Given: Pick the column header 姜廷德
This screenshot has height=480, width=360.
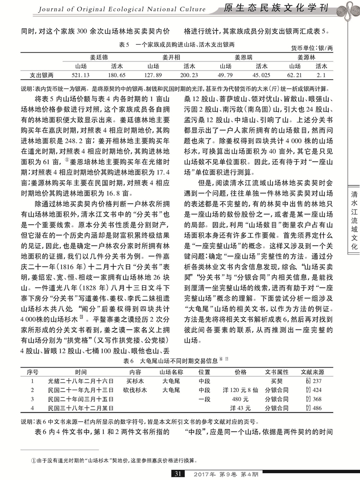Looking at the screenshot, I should coord(96,57).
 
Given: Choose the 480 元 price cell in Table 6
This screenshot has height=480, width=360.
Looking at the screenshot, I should coord(240,398).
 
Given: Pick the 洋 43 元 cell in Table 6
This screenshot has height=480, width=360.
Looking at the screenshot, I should coord(240,407).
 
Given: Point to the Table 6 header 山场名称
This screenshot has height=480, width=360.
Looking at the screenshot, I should coord(171,372).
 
